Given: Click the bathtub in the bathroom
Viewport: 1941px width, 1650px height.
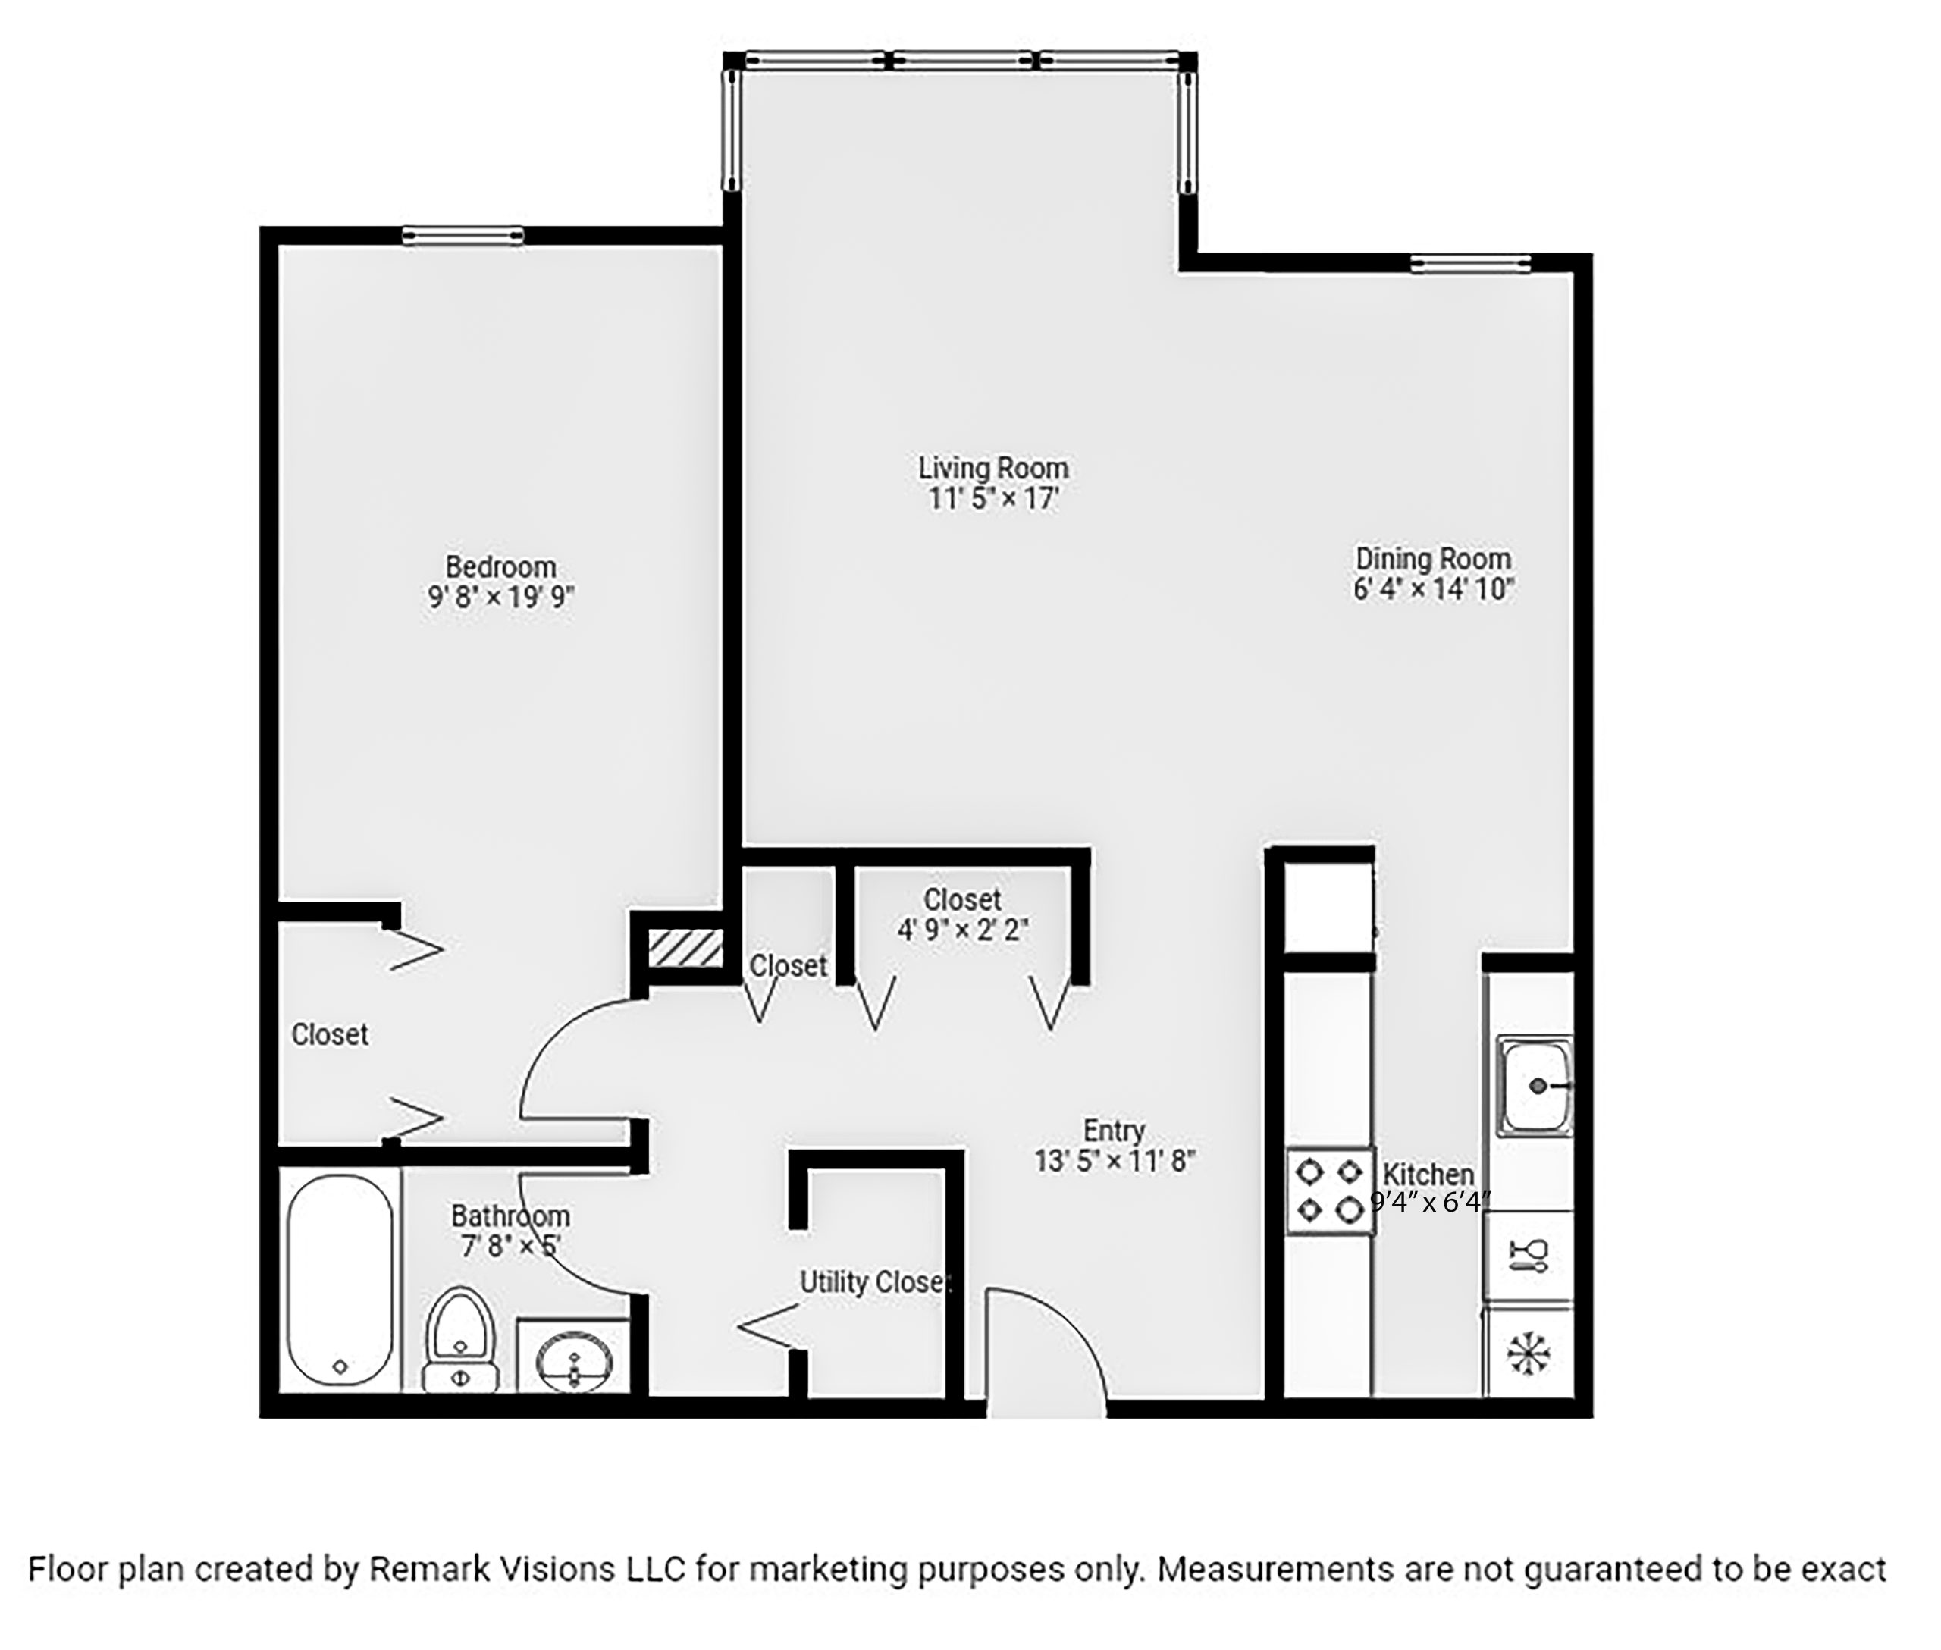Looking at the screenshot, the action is coord(340,1280).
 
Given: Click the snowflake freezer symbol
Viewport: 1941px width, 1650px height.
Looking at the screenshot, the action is coord(1529,1354).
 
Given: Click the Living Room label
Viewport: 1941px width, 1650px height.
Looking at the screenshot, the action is coord(992,468).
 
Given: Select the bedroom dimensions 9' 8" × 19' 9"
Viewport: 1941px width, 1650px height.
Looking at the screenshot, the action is coord(500,597).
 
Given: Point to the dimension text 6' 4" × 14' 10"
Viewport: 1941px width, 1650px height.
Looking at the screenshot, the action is coord(1433,589).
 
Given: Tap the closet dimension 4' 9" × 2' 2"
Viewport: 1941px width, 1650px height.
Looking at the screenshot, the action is coord(963,930).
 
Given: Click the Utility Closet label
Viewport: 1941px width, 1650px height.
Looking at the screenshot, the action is coord(875,1281).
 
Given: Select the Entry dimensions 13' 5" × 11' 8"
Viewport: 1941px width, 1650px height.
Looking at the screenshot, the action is coord(1114,1161).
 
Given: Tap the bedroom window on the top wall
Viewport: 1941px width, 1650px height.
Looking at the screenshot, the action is coord(463,236).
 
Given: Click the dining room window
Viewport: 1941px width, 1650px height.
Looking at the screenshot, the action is coord(1470,264).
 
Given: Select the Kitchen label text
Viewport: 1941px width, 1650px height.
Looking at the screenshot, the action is coord(1428,1174).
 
